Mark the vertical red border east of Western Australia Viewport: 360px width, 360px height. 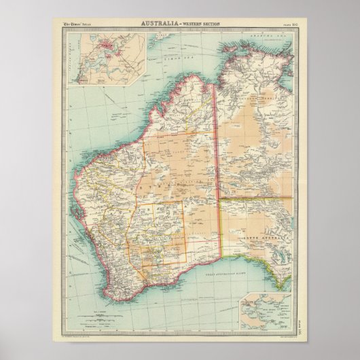pos(216,170)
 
